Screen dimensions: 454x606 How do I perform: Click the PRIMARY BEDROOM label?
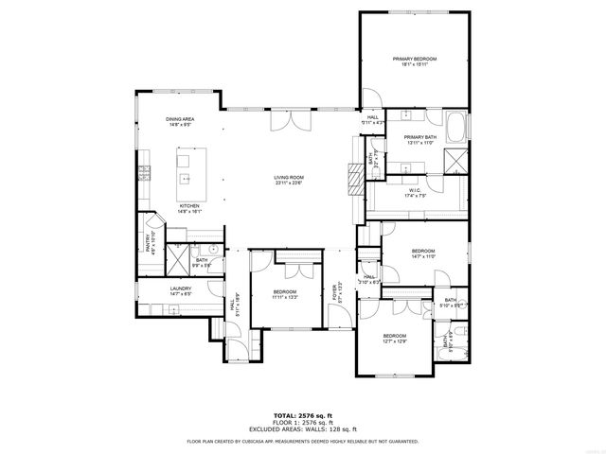[414, 59]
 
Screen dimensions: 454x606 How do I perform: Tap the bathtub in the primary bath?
[456, 126]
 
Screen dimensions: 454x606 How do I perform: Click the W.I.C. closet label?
[415, 190]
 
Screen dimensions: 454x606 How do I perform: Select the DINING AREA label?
[180, 119]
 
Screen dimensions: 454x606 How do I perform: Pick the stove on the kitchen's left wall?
[145, 172]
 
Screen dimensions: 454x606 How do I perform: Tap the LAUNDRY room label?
[181, 288]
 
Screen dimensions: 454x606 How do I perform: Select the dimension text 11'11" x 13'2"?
[285, 297]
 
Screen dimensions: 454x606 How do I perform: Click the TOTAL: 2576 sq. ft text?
[302, 415]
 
